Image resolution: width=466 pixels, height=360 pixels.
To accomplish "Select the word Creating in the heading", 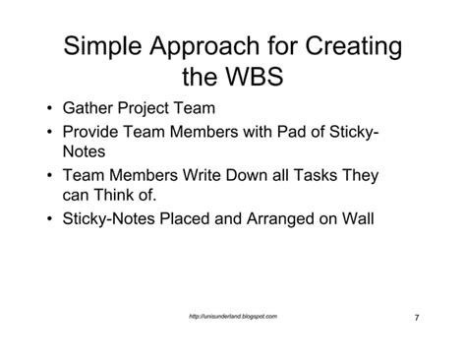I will point(357,46).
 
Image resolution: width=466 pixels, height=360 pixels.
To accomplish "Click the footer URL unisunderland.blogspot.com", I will point(232,317).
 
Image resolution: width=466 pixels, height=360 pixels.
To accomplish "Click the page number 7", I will point(417,318).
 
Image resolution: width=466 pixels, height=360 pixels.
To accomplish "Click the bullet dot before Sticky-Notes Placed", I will point(50,219).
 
